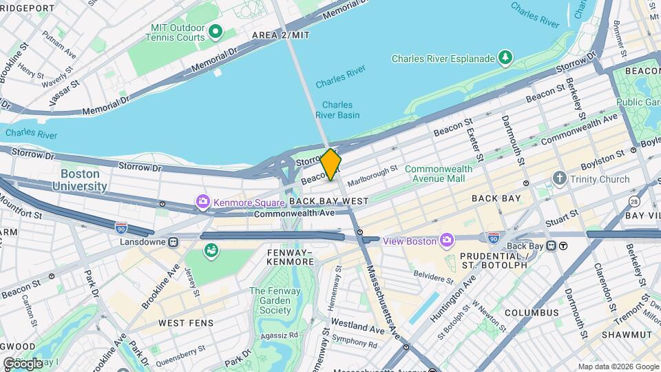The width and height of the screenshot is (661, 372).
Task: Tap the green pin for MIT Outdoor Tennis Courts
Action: tap(215, 31)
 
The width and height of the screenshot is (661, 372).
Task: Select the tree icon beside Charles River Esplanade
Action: tap(506, 57)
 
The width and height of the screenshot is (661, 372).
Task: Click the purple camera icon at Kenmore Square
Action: tap(203, 202)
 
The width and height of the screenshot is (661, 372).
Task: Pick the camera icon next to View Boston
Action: tap(448, 240)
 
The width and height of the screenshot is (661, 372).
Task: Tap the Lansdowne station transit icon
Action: tap(173, 242)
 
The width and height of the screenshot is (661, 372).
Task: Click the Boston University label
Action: tap(83, 180)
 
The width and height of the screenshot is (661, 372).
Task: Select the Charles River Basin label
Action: tap(337, 110)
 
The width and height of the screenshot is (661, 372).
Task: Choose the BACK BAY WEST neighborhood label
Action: tap(323, 201)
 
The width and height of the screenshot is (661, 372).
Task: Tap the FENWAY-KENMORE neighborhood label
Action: tap(290, 258)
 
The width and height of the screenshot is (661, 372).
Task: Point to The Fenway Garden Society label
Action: tap(270, 300)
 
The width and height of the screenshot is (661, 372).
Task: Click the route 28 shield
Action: tap(633, 200)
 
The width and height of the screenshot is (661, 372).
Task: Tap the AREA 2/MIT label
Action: tap(280, 35)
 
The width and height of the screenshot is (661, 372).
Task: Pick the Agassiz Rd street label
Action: tap(279, 335)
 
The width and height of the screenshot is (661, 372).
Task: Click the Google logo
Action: tap(22, 363)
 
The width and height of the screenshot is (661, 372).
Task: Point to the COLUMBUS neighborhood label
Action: tap(531, 313)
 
